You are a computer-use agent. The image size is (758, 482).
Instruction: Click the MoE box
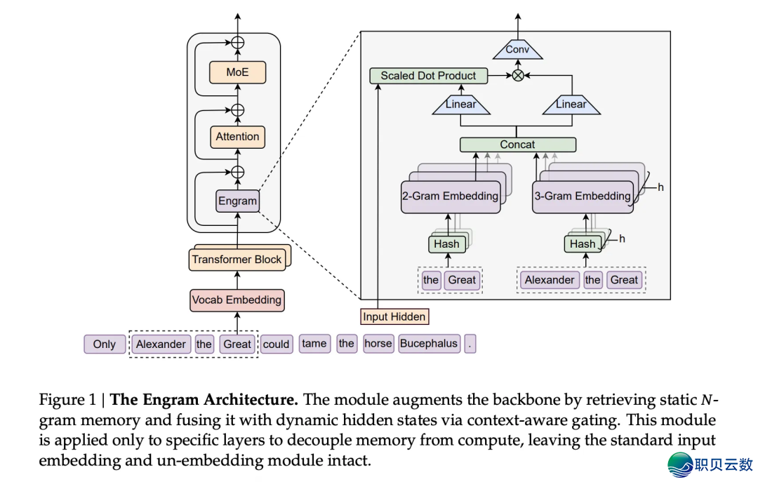[238, 72]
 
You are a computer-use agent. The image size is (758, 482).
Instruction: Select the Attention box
[237, 137]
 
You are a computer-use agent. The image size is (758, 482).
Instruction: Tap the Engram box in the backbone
[238, 201]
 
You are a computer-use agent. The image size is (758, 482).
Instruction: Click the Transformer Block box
[237, 260]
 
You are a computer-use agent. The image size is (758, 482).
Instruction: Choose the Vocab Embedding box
[237, 300]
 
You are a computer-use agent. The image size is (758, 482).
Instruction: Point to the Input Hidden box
[394, 316]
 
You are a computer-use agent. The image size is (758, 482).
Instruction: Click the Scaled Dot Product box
[428, 76]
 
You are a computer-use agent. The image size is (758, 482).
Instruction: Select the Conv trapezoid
[517, 50]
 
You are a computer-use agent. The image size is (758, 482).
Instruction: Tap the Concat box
[517, 145]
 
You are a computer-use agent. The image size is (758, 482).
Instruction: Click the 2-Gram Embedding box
[450, 196]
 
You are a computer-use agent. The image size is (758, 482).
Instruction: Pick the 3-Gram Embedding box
[583, 196]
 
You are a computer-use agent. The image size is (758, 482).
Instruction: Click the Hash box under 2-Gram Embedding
[446, 244]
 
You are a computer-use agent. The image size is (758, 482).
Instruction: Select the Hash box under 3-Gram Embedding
[582, 244]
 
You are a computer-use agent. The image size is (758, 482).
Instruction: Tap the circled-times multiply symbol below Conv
[518, 76]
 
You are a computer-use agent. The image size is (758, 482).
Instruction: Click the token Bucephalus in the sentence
[428, 344]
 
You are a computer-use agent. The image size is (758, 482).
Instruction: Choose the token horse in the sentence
[378, 344]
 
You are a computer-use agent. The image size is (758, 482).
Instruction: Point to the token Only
[105, 344]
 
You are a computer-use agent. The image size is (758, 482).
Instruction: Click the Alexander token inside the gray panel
[550, 280]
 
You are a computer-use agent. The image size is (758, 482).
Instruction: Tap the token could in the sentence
[276, 344]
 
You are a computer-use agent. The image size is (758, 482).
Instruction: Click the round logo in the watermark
[679, 464]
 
